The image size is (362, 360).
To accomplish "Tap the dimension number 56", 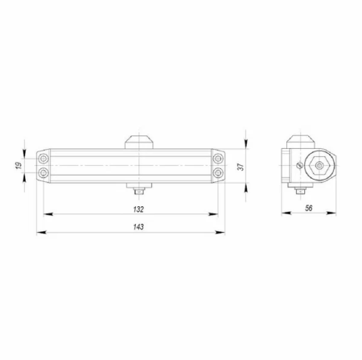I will [310, 208].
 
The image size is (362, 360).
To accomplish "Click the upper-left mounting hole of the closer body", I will [43, 159].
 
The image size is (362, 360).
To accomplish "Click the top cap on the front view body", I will [138, 141].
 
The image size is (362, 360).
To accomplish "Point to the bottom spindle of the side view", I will [302, 191].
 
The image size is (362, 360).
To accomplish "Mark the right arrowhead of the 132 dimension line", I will [215, 214].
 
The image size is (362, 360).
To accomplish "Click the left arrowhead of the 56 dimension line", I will [284, 214].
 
